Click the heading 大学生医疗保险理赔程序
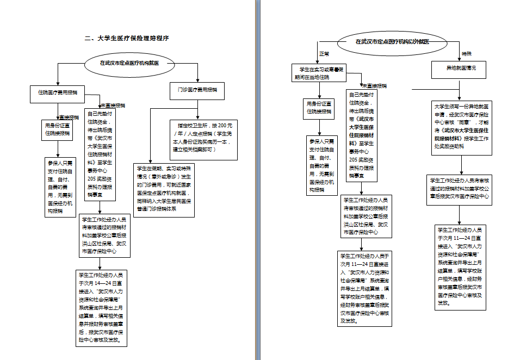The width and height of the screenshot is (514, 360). pyautogui.click(x=126, y=39)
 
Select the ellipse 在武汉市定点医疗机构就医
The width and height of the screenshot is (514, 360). pyautogui.click(x=129, y=63)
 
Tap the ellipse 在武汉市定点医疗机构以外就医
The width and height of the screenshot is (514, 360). pyautogui.click(x=392, y=41)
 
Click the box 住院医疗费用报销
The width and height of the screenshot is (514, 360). pyautogui.click(x=58, y=92)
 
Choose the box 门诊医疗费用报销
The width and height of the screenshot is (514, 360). pyautogui.click(x=197, y=90)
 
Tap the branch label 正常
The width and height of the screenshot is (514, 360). pyautogui.click(x=324, y=54)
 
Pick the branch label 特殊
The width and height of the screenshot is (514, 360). pyautogui.click(x=467, y=54)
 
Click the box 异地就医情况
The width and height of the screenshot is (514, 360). pyautogui.click(x=458, y=69)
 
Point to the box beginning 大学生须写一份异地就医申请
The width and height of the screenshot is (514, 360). pyautogui.click(x=462, y=127)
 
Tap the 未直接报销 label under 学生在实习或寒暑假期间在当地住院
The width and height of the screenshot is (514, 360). pyautogui.click(x=375, y=86)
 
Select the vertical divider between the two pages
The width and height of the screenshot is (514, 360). pyautogui.click(x=256, y=180)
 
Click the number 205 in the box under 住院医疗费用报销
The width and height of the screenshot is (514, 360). pyautogui.click(x=91, y=179)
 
